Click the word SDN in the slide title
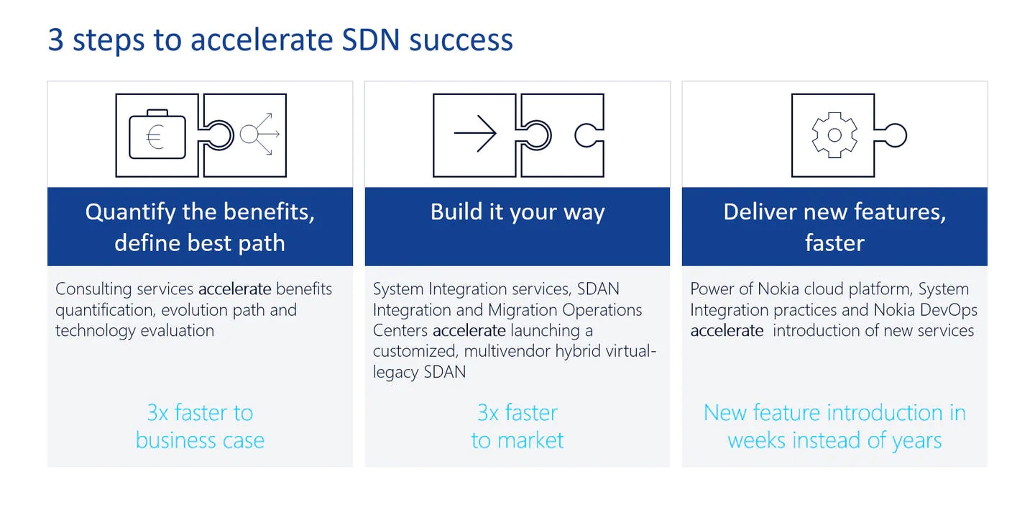pos(371,40)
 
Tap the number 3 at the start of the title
pos(55,40)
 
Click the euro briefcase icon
pos(157,135)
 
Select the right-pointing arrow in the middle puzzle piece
pos(475,134)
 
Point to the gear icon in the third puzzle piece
pos(834,135)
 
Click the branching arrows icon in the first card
pos(259,134)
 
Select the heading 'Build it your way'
pos(517,212)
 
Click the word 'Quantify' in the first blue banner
pos(131,212)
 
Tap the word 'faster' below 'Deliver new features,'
pos(834,243)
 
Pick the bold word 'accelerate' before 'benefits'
pos(235,289)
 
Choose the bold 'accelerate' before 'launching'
pos(469,331)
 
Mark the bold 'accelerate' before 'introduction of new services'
pos(727,331)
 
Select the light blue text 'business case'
pos(200,440)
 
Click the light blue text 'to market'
pos(517,440)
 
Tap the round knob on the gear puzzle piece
pos(895,135)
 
